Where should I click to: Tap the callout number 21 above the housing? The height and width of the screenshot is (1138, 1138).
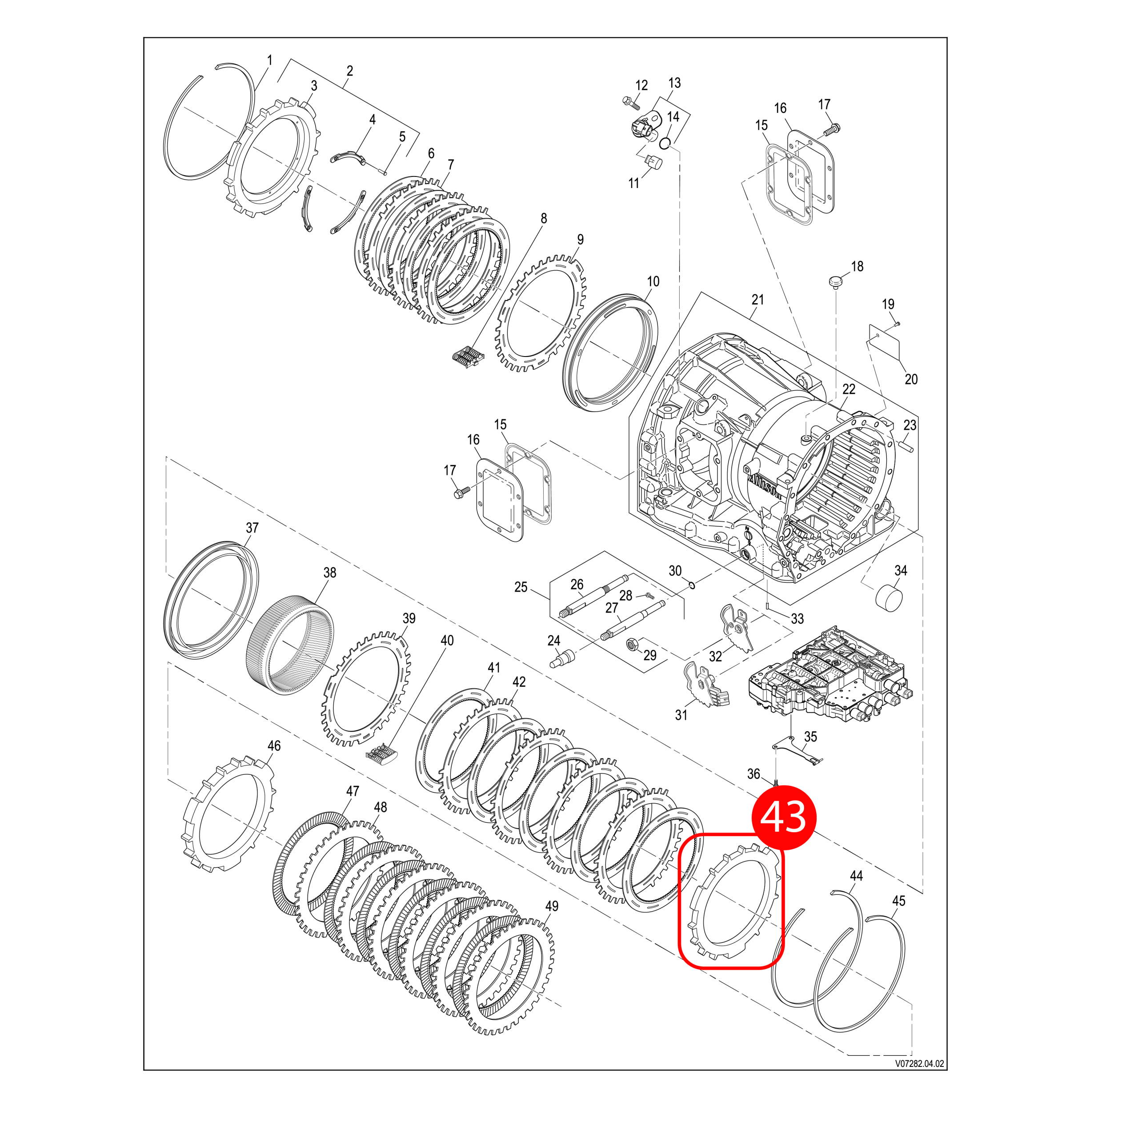[757, 300]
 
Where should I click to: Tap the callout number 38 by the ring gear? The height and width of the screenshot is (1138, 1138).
[330, 573]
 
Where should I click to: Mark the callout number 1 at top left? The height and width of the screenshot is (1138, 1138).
[270, 60]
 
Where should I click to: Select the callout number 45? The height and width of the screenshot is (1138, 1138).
[899, 917]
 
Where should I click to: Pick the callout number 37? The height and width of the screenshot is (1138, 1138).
[252, 528]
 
